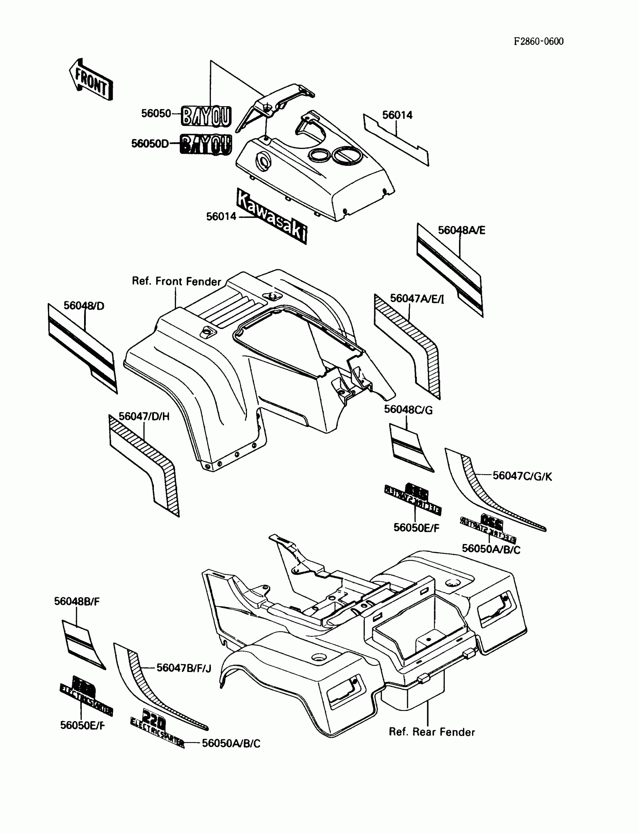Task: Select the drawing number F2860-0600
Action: (539, 41)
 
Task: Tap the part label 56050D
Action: (150, 143)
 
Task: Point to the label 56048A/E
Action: (461, 230)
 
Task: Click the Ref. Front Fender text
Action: (176, 281)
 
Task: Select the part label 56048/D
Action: (84, 306)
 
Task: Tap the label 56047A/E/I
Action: (417, 299)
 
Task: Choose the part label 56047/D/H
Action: (144, 416)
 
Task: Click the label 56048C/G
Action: (408, 410)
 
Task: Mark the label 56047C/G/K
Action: (522, 476)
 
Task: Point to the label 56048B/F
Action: (77, 601)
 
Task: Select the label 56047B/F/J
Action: (184, 668)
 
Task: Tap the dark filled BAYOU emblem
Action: (205, 145)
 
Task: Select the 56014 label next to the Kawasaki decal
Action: (221, 216)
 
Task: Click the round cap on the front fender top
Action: (207, 332)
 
